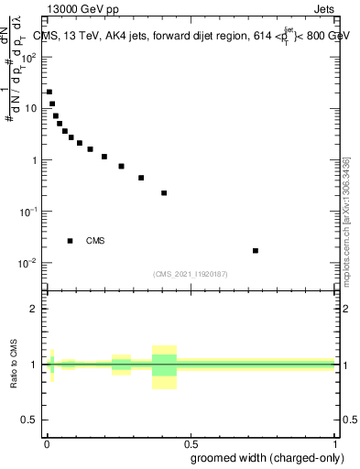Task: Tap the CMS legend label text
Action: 95,241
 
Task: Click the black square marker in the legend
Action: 71,241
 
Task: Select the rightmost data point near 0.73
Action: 256,250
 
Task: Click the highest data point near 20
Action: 49,92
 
